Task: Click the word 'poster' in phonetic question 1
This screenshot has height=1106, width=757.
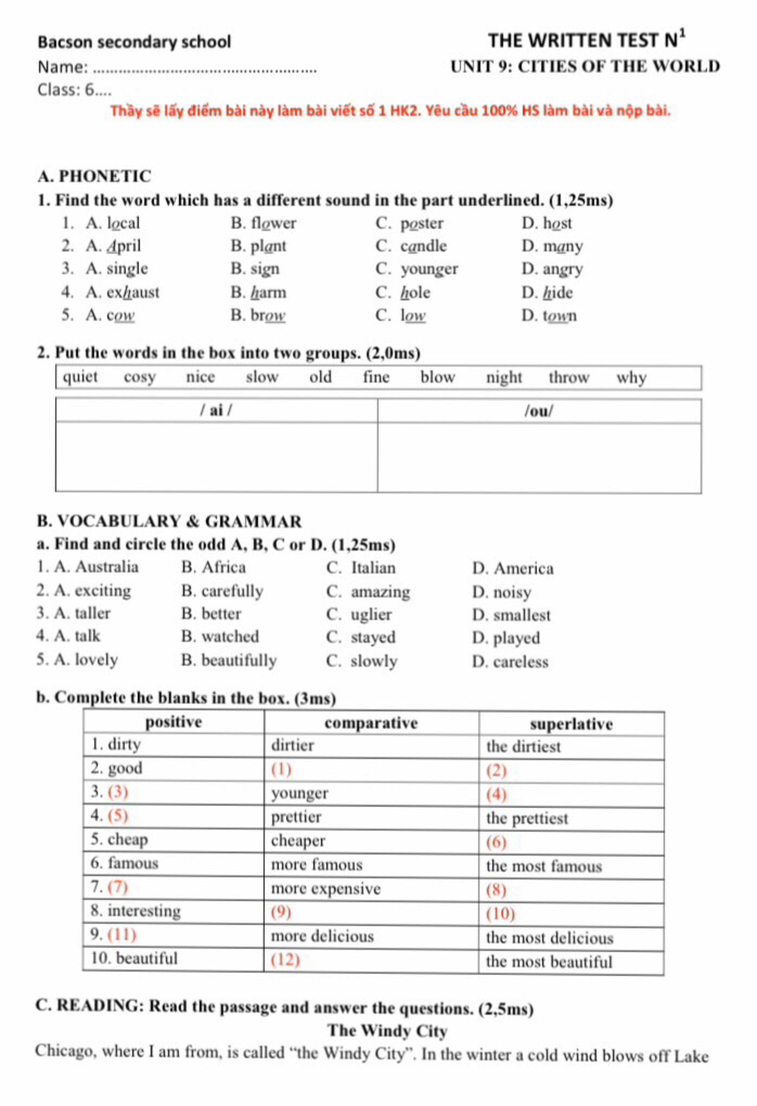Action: pyautogui.click(x=421, y=223)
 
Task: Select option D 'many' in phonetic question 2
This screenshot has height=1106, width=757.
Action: pyautogui.click(x=563, y=246)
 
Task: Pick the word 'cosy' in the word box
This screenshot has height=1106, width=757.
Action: pyautogui.click(x=140, y=378)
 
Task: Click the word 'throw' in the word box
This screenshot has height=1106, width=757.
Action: pyautogui.click(x=568, y=378)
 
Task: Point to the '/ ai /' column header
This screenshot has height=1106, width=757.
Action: pyautogui.click(x=216, y=411)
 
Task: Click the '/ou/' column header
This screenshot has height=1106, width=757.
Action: pyautogui.click(x=538, y=411)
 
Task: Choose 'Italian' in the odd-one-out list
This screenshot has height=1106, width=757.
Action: pyautogui.click(x=373, y=568)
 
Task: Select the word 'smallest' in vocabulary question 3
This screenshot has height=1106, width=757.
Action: pyautogui.click(x=521, y=615)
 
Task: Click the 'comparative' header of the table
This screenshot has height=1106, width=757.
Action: pyautogui.click(x=371, y=723)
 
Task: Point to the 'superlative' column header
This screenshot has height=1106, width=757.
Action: pyautogui.click(x=571, y=724)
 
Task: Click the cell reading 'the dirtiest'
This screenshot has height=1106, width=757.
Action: pyautogui.click(x=523, y=747)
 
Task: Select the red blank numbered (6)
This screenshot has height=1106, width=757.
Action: pyautogui.click(x=496, y=842)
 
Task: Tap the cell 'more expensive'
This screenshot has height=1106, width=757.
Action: pyautogui.click(x=325, y=889)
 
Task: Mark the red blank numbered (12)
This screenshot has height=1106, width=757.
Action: pyautogui.click(x=285, y=960)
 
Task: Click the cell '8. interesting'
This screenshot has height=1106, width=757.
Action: pyautogui.click(x=136, y=911)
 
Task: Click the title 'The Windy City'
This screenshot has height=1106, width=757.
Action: pyautogui.click(x=387, y=1031)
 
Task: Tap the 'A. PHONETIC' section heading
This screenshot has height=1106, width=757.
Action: pyautogui.click(x=94, y=177)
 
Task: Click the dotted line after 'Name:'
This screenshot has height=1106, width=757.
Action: pyautogui.click(x=206, y=70)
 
